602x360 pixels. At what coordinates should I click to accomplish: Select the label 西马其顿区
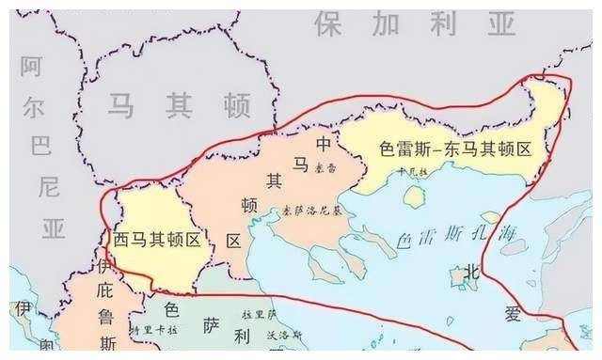[157, 240]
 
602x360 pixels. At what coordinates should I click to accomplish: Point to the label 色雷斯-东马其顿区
[455, 149]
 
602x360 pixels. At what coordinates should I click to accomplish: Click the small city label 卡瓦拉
[411, 172]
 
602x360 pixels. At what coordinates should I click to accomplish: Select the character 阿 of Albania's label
[33, 66]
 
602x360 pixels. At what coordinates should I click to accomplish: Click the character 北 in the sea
[470, 273]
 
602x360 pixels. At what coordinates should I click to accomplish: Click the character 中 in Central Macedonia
[324, 144]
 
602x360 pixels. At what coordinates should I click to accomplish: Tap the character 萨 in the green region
[212, 326]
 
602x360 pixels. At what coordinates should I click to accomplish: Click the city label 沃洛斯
[282, 335]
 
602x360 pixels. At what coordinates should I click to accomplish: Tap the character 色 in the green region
[171, 308]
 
